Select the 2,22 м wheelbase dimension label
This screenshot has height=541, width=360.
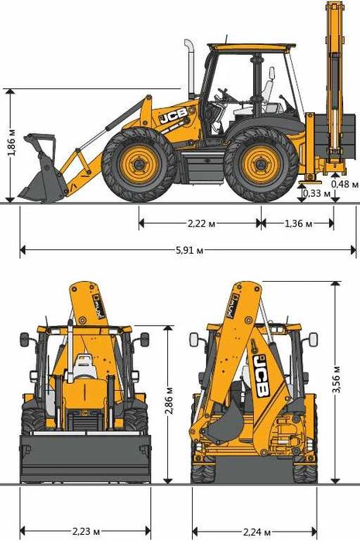pyautogui.click(x=201, y=224)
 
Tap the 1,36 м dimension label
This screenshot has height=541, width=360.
pyautogui.click(x=298, y=224)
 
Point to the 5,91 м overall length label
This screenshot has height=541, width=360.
pyautogui.click(x=190, y=250)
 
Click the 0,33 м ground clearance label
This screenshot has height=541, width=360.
pyautogui.click(x=317, y=193)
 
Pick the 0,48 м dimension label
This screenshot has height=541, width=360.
pyautogui.click(x=345, y=184)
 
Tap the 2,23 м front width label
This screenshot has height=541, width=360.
pyautogui.click(x=86, y=531)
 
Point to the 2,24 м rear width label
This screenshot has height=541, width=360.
pyautogui.click(x=256, y=532)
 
